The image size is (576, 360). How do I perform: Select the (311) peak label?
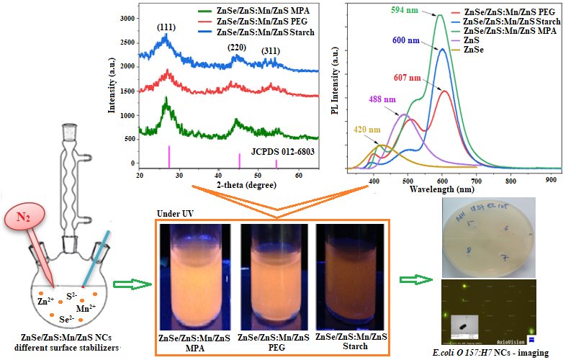(x=273, y=50)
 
